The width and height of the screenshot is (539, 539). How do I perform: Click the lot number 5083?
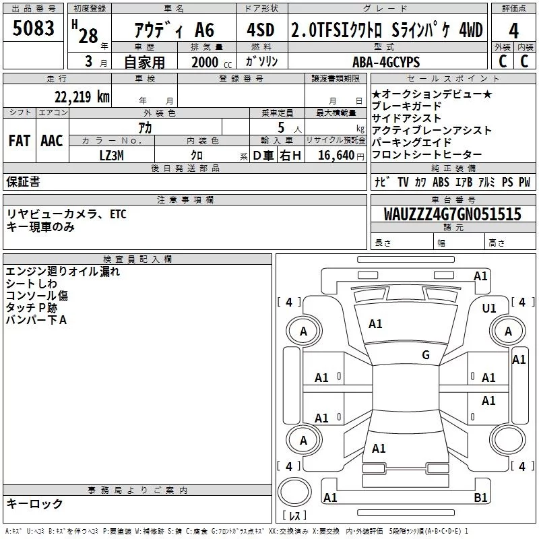pos(33,28)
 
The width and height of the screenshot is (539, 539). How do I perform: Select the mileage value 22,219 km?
pos(82,97)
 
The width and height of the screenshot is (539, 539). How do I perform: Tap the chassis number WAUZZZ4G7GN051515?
pos(452,214)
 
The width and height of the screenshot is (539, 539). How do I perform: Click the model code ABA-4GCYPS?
pos(386,62)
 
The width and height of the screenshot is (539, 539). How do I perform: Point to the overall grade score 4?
pos(513,31)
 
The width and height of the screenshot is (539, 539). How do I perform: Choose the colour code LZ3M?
pos(111,156)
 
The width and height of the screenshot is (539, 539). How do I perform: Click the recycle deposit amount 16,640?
pos(336,156)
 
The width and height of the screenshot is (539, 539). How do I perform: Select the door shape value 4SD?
pos(261,30)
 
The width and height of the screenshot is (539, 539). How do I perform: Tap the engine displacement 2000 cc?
pos(212,63)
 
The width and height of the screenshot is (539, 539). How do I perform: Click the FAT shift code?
pos(20,141)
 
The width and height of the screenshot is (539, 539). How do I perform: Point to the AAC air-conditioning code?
pos(52,141)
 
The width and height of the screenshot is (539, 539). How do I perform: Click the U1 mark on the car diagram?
pos(489,309)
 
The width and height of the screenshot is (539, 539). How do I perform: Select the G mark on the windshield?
pos(426,355)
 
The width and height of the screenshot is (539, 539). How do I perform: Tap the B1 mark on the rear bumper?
pos(480,497)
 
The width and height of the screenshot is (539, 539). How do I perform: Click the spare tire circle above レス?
pos(294,492)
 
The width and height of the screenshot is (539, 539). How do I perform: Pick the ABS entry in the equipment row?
pos(441,182)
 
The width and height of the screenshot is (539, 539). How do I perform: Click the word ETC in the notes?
pos(118,214)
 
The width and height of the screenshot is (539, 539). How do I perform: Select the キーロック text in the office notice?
pos(34,503)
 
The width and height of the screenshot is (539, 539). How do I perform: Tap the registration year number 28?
pos(88,36)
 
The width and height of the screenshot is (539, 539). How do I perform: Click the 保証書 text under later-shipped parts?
pos(23,182)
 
